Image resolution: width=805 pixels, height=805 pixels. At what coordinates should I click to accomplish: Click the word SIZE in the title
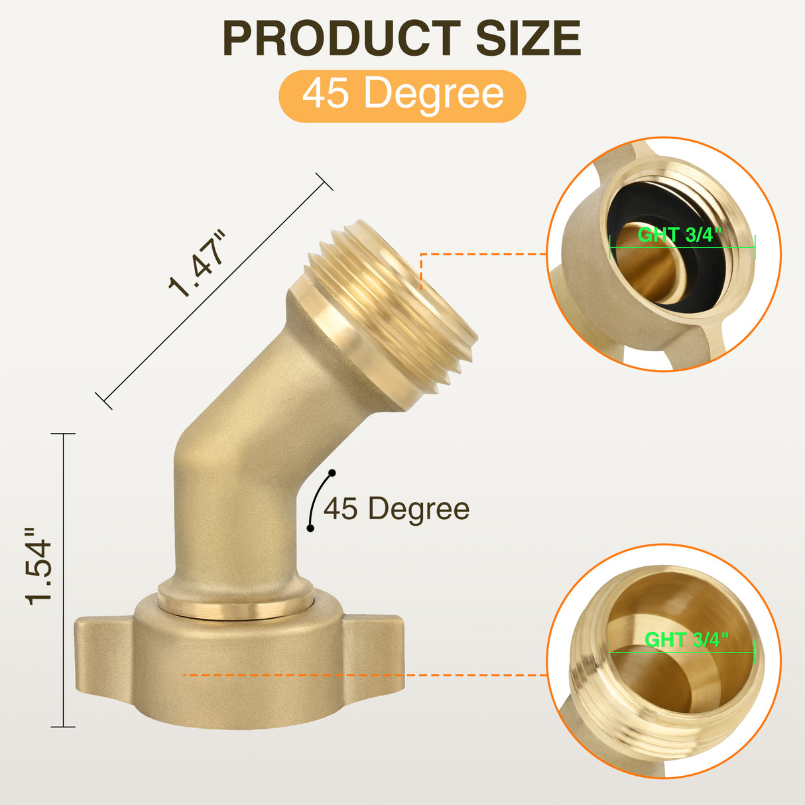(528, 38)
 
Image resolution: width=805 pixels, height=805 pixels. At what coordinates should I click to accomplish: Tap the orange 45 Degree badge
(402, 95)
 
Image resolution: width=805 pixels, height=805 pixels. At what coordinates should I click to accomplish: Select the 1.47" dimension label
(198, 265)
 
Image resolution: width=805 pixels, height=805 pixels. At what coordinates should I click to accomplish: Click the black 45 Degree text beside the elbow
(397, 509)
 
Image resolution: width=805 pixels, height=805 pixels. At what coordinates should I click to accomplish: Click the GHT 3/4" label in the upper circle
(679, 235)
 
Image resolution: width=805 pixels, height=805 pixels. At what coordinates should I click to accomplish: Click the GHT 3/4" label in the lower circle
(686, 639)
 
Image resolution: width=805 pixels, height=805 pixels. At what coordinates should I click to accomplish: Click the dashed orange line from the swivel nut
(365, 675)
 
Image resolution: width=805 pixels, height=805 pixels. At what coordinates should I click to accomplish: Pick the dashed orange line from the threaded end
(484, 254)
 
